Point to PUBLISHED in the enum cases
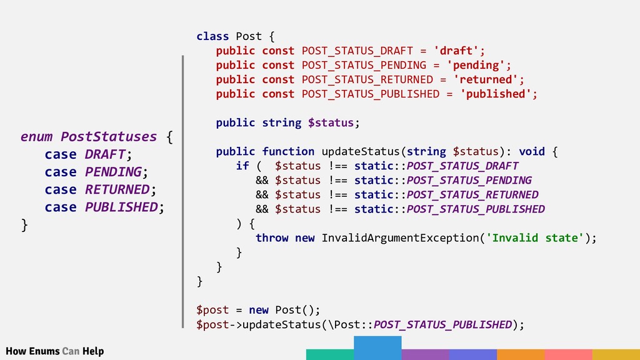(120, 206)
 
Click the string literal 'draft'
(459, 51)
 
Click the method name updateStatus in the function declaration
(360, 151)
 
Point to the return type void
(531, 151)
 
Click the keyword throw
(272, 237)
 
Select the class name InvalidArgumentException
(399, 237)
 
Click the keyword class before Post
(212, 36)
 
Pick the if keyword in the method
(242, 166)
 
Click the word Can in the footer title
(71, 351)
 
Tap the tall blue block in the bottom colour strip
(377, 347)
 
